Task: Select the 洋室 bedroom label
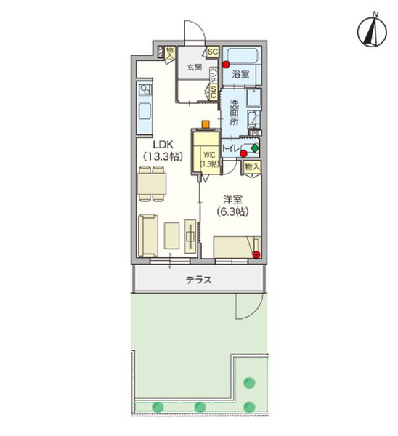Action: [233, 205]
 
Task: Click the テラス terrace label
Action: [198, 279]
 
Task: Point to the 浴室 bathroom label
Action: [240, 74]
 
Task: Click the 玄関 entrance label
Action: [194, 67]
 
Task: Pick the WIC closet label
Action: [209, 158]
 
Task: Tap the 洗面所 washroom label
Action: [235, 113]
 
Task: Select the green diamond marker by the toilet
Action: [255, 148]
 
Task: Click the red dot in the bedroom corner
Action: [257, 254]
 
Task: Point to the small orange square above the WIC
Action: [206, 124]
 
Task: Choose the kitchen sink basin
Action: [144, 113]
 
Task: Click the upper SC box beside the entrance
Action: [213, 52]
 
